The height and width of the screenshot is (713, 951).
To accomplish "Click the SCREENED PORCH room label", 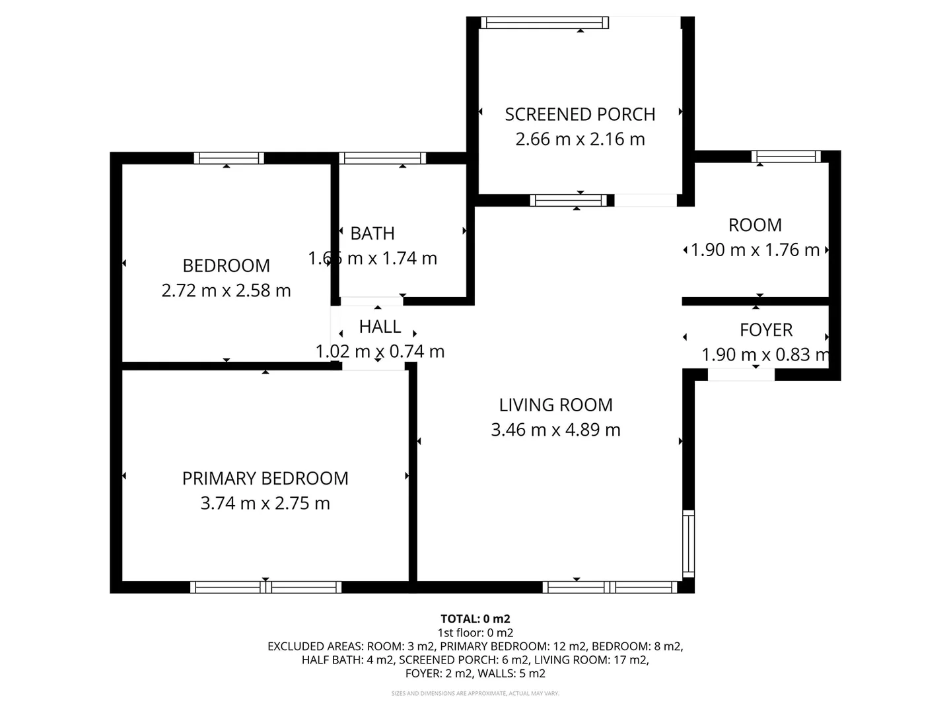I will (580, 114).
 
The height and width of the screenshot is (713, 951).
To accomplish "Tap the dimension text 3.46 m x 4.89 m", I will (555, 430).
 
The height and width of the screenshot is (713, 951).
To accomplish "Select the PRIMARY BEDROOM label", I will (265, 479).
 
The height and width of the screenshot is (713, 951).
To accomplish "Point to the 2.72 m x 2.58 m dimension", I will (226, 290).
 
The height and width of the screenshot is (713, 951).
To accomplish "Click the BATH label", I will (372, 234).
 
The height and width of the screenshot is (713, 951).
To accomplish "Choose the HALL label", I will (380, 327).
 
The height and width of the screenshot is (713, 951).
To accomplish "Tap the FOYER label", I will (766, 330).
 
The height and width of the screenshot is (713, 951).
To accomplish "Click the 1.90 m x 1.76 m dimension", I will (755, 250).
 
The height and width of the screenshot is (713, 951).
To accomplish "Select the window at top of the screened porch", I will (545, 23).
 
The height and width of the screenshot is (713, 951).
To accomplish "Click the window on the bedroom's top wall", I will (229, 158).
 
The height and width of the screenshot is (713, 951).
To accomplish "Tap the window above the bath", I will (382, 158).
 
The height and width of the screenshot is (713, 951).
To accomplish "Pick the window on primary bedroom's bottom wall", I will (265, 587).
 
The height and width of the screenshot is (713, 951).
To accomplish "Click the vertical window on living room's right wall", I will (688, 544).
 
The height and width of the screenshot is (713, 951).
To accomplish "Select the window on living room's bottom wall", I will (610, 587).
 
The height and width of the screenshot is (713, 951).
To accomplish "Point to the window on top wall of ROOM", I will (786, 156).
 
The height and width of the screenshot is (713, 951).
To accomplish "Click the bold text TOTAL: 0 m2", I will (475, 619).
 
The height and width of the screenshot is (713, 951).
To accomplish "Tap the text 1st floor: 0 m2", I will (475, 633).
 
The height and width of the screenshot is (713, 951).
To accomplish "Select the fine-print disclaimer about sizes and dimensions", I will (475, 693).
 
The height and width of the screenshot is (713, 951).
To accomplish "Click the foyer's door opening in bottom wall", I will (741, 375).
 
